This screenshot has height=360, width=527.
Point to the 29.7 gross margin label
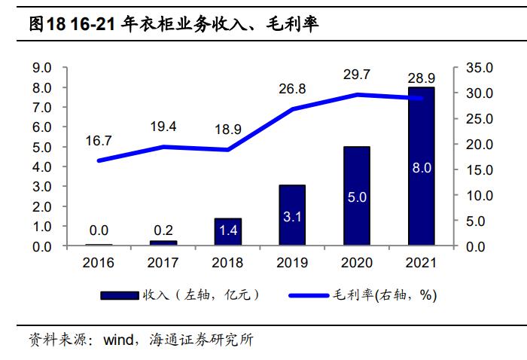(356, 74)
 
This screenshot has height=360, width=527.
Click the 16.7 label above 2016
(99, 141)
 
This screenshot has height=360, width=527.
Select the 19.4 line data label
(163, 127)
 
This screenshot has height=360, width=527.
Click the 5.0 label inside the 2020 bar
(356, 197)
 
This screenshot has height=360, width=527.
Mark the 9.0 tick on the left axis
(41, 68)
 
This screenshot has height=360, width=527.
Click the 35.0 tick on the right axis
(477, 68)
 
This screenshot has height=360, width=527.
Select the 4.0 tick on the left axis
(41, 166)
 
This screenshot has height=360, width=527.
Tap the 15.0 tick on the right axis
(477, 169)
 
